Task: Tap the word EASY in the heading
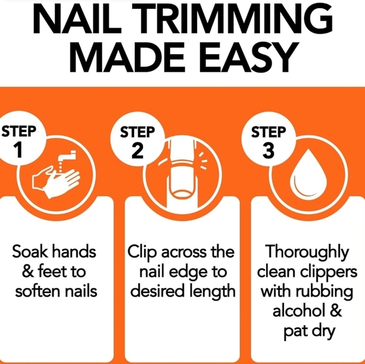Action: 249,57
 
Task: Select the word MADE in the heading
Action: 130,57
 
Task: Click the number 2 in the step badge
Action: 137,150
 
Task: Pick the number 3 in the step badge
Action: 268,150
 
